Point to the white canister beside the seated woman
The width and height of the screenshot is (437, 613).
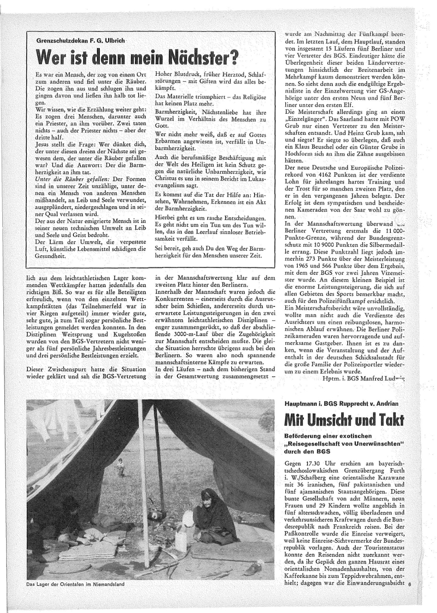pos(181,541)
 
